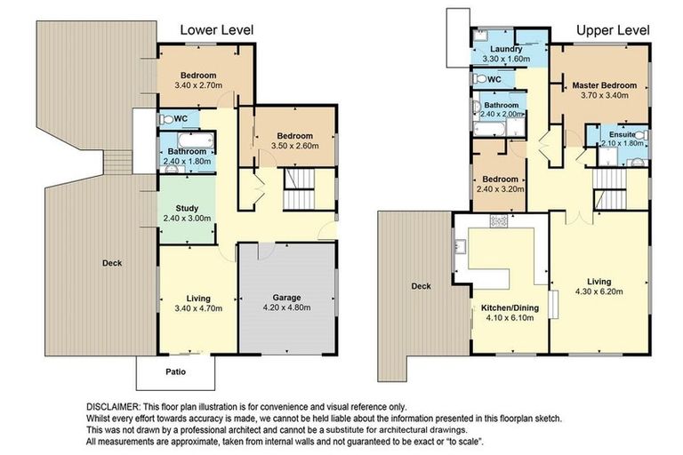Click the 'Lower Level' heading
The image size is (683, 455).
tap(216, 30)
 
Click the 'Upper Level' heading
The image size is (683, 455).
tap(613, 30)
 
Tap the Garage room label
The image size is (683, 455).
tap(286, 298)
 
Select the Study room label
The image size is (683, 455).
tap(187, 208)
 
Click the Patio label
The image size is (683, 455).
tap(175, 371)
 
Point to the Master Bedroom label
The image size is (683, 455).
tap(604, 85)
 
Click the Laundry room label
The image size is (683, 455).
tap(506, 49)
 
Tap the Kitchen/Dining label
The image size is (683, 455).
tap(510, 307)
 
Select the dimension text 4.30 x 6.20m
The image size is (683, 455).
tap(599, 291)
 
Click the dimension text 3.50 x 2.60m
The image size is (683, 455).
tap(295, 146)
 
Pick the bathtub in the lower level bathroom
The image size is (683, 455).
tap(196, 141)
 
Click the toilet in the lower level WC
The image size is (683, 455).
tap(166, 119)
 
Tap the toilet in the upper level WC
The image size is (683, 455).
tap(479, 79)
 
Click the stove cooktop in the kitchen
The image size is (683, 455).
tap(499, 220)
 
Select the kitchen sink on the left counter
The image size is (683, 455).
tap(461, 247)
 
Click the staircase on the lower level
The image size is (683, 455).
tap(299, 189)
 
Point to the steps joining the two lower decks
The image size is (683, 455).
tap(117, 162)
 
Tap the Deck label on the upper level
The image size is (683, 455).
tap(422, 286)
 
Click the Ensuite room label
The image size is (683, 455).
tap(622, 134)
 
